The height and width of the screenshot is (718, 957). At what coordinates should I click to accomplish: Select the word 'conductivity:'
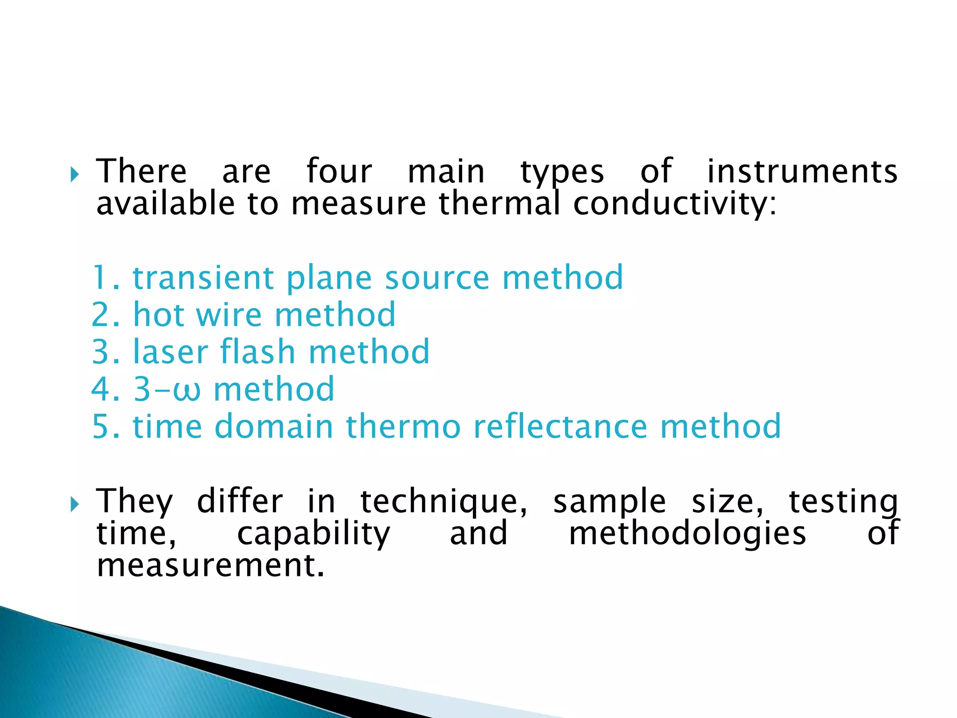tap(674, 204)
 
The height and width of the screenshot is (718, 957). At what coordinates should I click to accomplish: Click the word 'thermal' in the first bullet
tap(499, 204)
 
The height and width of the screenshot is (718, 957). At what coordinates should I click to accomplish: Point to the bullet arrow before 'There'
tap(74, 175)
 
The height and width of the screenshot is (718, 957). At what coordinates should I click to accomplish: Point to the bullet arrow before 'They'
tap(74, 504)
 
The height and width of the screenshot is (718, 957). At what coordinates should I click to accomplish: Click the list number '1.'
tap(106, 278)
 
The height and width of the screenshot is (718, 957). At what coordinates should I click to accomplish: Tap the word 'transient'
tap(203, 278)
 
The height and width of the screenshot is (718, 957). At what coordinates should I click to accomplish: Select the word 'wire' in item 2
tap(229, 315)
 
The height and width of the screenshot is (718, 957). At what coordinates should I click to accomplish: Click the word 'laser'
tap(171, 352)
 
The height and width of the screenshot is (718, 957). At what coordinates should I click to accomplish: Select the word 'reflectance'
tap(560, 427)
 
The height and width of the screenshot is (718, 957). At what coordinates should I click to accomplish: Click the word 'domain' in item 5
tap(273, 427)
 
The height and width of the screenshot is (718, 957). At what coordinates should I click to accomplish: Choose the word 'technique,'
tap(444, 502)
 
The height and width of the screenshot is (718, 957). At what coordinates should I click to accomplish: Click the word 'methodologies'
tap(687, 534)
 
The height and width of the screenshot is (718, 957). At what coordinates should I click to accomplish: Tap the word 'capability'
tap(313, 534)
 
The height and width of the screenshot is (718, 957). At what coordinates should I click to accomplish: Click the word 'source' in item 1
tap(437, 278)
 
